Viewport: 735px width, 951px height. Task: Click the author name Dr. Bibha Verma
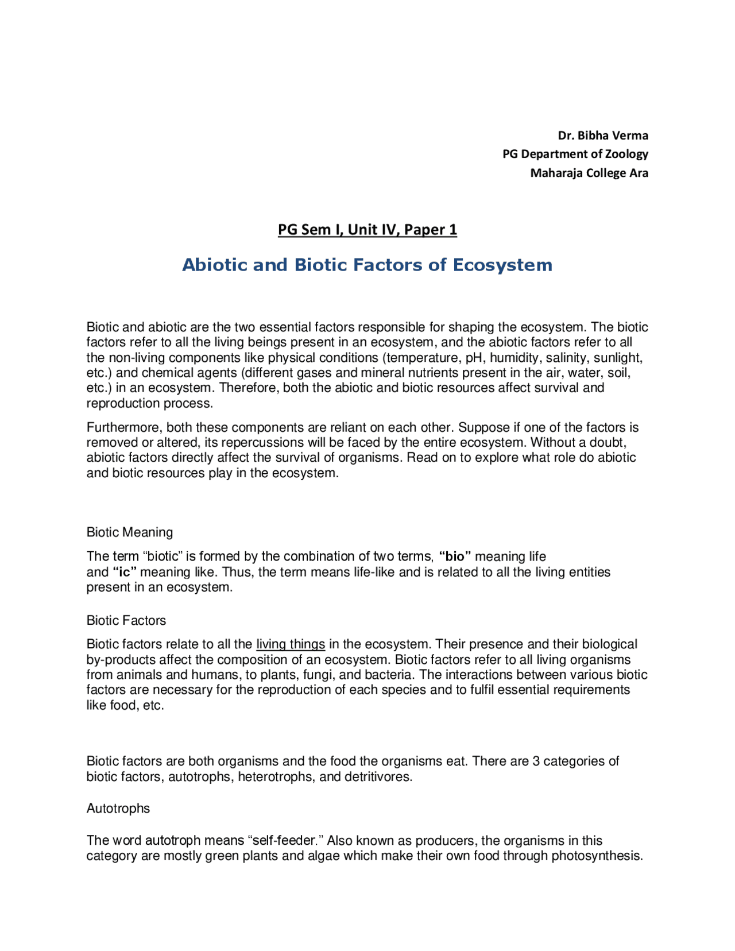coord(603,136)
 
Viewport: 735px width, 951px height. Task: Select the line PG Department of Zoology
coord(575,154)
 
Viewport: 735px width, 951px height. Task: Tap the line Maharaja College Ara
coord(589,173)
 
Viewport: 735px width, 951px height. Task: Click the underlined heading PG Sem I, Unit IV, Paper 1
coord(367,230)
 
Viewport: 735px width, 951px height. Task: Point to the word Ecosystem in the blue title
coord(502,265)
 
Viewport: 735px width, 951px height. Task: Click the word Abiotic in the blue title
coord(214,265)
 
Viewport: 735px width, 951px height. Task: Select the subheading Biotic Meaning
coord(130,532)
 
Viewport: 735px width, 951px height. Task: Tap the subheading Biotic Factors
coord(126,621)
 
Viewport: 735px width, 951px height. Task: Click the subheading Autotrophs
coord(118,809)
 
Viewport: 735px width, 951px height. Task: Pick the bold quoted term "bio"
coord(455,556)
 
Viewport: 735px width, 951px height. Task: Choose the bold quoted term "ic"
coord(125,572)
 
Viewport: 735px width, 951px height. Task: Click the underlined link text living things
coord(291,644)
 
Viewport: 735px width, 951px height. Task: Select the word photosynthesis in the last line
coord(596,856)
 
